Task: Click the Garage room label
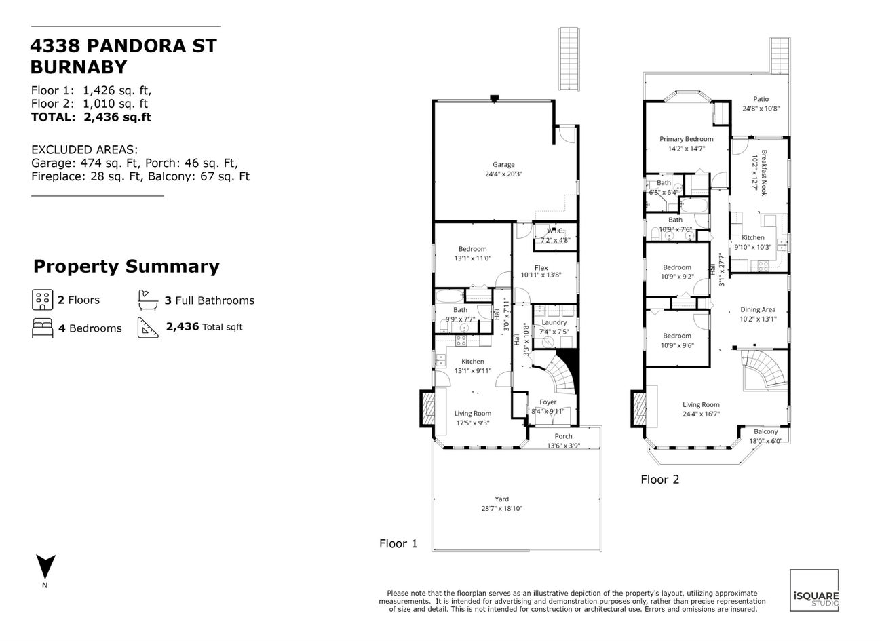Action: pyautogui.click(x=503, y=165)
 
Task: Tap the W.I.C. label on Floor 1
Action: pyautogui.click(x=556, y=231)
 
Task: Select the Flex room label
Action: pyautogui.click(x=541, y=268)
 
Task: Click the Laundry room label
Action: pyautogui.click(x=554, y=322)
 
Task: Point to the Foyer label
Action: pyautogui.click(x=548, y=402)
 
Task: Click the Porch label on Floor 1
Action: pyautogui.click(x=563, y=436)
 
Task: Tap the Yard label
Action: pyautogui.click(x=501, y=499)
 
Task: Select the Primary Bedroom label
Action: pyautogui.click(x=686, y=139)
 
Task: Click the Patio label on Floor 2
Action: pyautogui.click(x=761, y=99)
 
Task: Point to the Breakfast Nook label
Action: pyautogui.click(x=764, y=173)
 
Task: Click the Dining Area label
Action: pyautogui.click(x=758, y=310)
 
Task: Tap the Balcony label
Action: pyautogui.click(x=766, y=431)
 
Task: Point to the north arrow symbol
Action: pyautogui.click(x=45, y=566)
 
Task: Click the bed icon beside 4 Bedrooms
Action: pyautogui.click(x=42, y=328)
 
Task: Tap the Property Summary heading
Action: pyautogui.click(x=126, y=267)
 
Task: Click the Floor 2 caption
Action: pyautogui.click(x=659, y=480)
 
